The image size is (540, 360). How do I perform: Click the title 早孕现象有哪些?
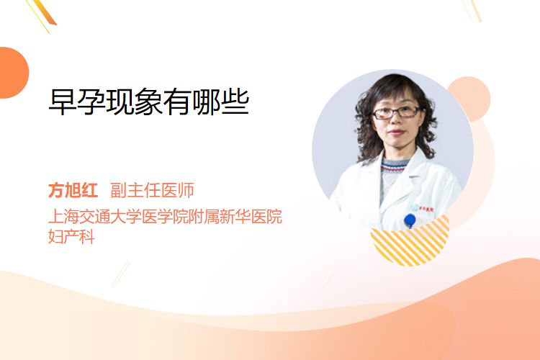(149, 102)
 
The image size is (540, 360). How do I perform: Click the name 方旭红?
(73, 190)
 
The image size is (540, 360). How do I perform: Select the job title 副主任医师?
(152, 190)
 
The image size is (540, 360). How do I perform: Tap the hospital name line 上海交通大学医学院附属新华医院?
(166, 216)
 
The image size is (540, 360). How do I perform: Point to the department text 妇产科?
(71, 237)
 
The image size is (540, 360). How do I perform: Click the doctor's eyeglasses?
(397, 112)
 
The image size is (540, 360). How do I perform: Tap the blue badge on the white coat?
(410, 220)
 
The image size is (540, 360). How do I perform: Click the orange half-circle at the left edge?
(13, 73)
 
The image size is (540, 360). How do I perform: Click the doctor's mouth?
(396, 132)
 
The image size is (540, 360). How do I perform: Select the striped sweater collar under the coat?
(392, 166)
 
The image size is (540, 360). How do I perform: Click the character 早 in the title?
(63, 102)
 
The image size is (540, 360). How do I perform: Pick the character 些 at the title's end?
(235, 102)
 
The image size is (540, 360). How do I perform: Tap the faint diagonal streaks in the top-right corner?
(472, 10)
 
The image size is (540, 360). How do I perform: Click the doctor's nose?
(396, 120)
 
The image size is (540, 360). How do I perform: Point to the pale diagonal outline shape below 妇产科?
(121, 274)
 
